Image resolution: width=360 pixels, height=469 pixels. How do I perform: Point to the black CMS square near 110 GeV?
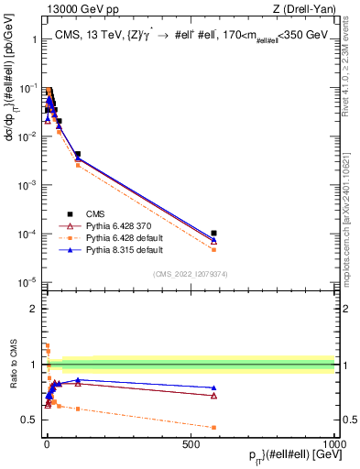78,155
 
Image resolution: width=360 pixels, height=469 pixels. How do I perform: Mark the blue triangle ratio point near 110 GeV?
78,379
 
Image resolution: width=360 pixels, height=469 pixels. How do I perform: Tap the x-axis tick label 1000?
334,442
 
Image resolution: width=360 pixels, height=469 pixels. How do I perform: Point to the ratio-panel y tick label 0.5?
30,420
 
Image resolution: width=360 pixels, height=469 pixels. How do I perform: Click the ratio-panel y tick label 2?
35,309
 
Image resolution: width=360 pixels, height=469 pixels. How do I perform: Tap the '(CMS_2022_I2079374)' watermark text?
190,273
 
